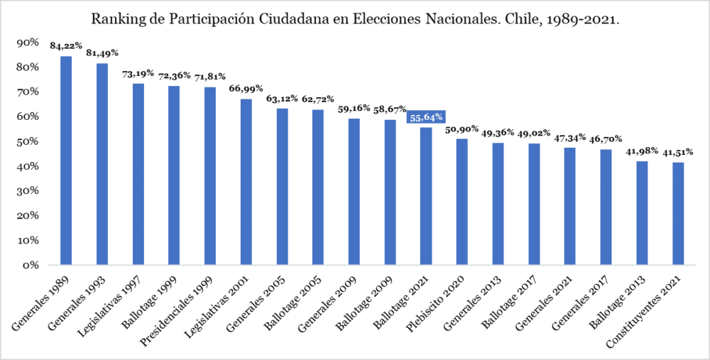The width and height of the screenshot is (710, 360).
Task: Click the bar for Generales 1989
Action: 66,160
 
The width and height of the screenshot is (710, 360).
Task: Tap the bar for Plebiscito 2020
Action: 462,202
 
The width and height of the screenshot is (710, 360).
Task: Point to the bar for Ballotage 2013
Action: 642,212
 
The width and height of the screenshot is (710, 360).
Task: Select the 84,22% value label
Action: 66,46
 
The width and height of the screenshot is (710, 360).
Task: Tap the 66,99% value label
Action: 246,89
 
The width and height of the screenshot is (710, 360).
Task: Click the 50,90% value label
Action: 461,129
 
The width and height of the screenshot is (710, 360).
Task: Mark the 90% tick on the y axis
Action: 28,43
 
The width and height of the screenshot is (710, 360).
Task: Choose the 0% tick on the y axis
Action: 31,265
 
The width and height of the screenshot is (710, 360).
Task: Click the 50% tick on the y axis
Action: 28,141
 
